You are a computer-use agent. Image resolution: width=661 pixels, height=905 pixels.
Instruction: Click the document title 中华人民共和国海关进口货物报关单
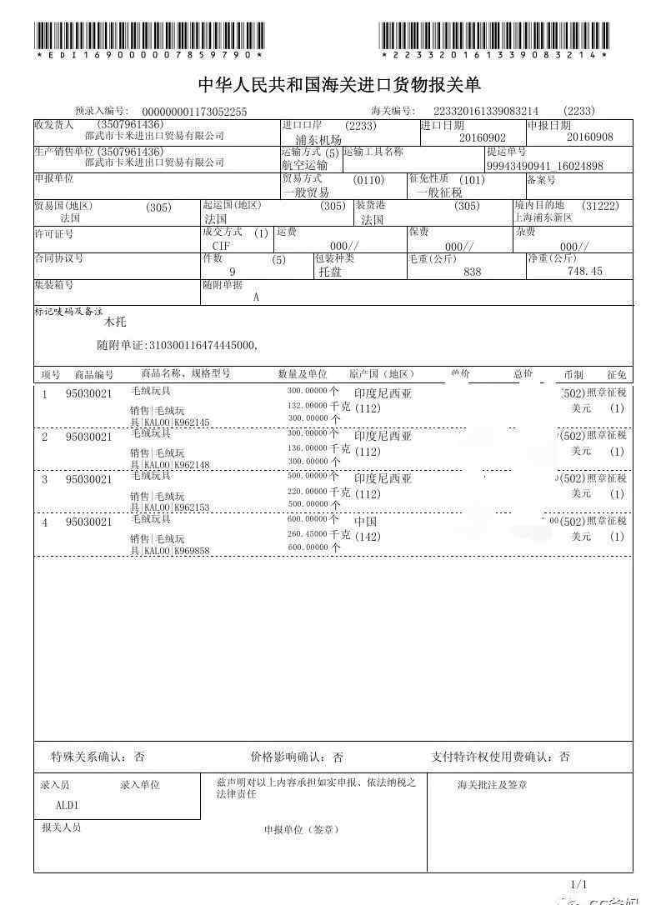click(x=338, y=86)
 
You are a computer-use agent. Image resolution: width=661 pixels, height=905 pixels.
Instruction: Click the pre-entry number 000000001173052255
click(x=194, y=112)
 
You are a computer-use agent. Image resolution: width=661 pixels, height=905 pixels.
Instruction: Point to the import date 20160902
click(x=483, y=137)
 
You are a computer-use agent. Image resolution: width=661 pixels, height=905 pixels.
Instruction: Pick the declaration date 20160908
click(x=589, y=137)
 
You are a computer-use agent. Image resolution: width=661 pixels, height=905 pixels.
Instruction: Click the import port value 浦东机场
click(x=318, y=140)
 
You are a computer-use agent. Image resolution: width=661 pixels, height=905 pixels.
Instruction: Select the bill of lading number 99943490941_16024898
click(x=545, y=166)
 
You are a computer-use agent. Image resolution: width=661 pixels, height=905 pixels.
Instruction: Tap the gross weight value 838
click(x=473, y=272)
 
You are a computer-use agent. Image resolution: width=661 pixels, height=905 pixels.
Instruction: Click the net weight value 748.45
click(x=584, y=272)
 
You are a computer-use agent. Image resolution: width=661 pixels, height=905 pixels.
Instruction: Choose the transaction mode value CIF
click(x=221, y=246)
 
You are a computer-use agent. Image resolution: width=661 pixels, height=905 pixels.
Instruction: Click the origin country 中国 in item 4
click(x=366, y=522)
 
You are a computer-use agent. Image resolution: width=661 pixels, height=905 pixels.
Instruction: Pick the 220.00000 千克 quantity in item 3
click(x=318, y=492)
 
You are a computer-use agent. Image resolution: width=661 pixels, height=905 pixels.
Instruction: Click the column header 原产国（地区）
click(x=382, y=374)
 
